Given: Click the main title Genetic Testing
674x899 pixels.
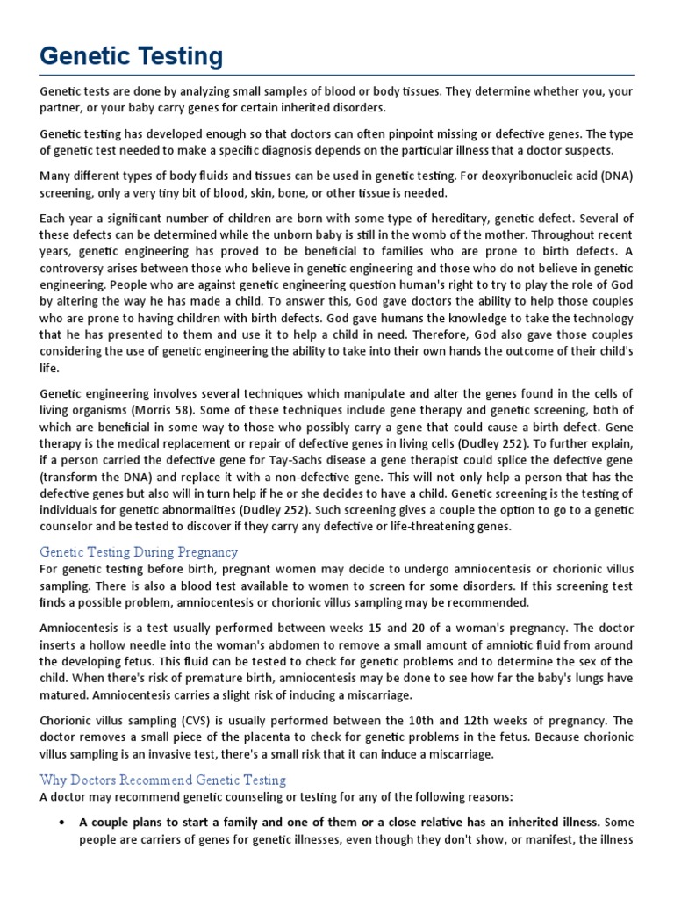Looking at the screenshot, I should (132, 56).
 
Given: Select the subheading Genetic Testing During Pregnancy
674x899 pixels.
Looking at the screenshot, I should (139, 552).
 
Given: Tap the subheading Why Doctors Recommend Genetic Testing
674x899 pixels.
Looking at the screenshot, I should (163, 780).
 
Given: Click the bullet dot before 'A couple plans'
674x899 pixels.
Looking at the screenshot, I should (60, 823).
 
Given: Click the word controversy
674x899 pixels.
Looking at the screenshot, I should (80, 268).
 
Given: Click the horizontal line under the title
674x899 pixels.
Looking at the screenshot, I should (337, 75).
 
